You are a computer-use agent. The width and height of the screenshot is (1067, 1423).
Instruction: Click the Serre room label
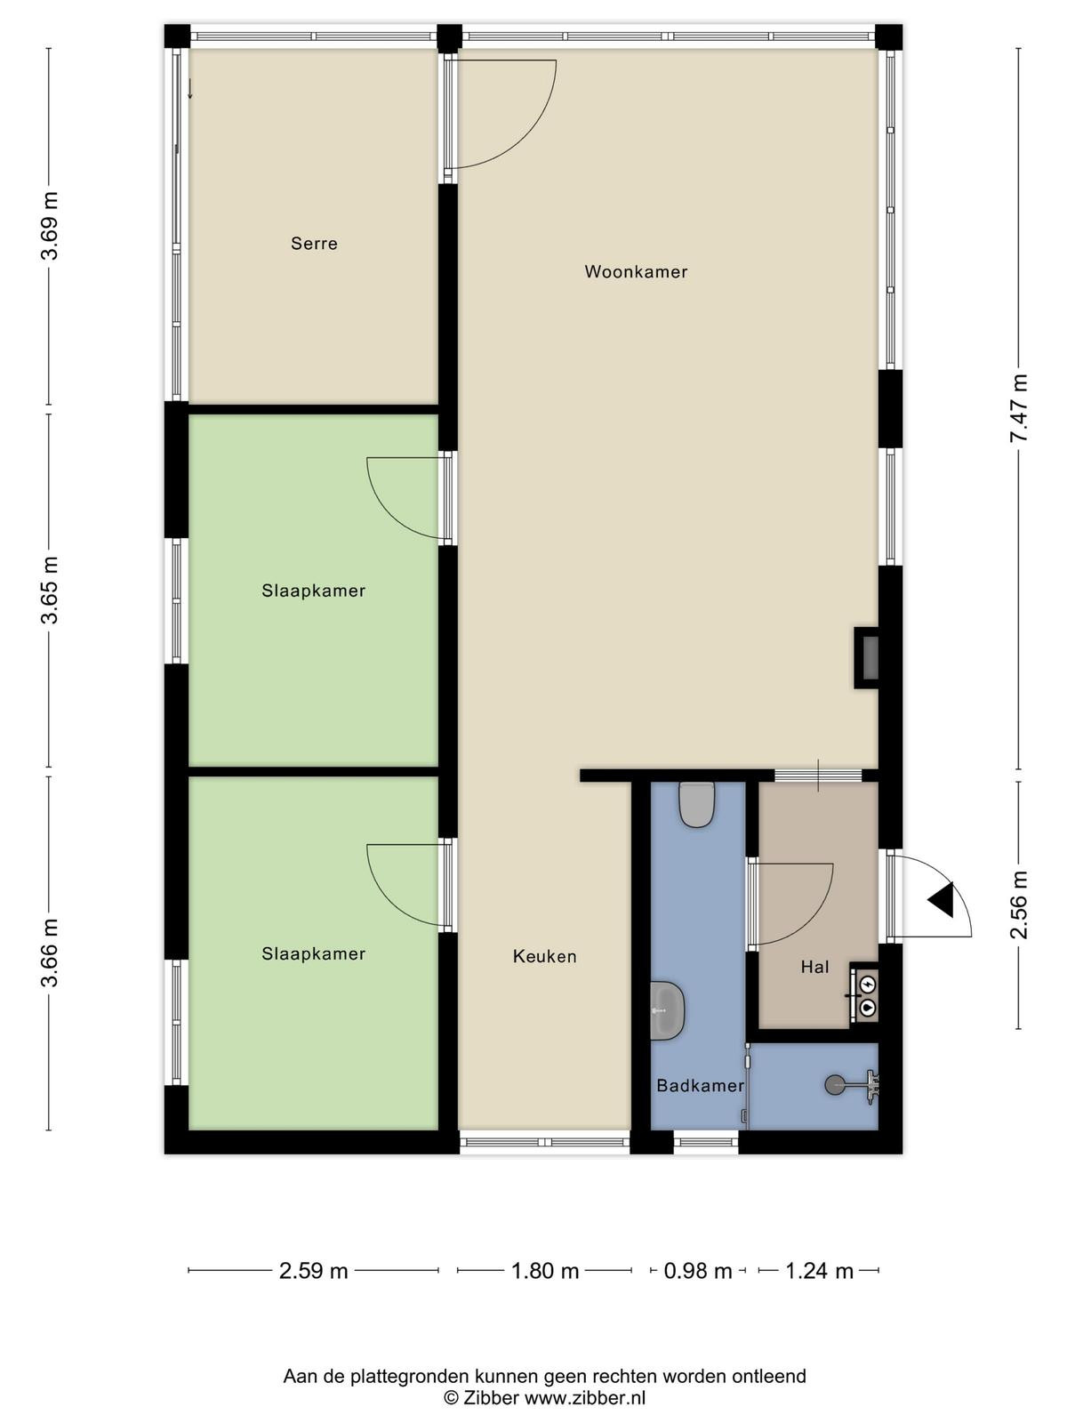coord(314,244)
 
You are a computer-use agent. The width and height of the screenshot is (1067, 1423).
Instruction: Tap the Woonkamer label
coord(636,271)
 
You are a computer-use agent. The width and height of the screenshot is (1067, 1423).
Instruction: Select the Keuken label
coord(544,956)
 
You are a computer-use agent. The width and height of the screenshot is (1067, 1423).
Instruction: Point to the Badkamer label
coord(701,1085)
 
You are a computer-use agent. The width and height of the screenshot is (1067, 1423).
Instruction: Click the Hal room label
coord(815,968)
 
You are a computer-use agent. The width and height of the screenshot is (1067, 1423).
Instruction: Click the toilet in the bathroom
coord(696,805)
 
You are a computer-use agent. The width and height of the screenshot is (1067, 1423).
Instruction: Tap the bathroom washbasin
coord(667,1010)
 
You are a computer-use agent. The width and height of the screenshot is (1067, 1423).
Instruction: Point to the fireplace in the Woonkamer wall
coord(866,657)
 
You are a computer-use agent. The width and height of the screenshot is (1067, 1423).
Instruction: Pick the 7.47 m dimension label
coord(1018,408)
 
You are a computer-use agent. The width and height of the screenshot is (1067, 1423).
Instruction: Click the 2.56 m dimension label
coord(1018,904)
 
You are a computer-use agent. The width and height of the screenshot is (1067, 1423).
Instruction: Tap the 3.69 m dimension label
coord(49,226)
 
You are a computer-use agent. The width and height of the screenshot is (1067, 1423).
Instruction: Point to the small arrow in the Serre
coord(189,88)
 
